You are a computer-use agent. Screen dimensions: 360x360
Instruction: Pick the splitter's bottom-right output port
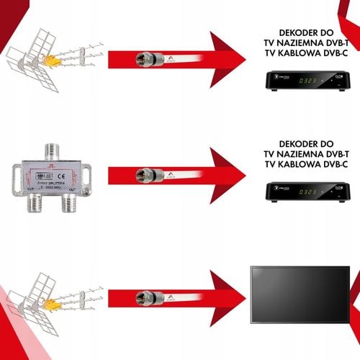coord(70,206)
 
